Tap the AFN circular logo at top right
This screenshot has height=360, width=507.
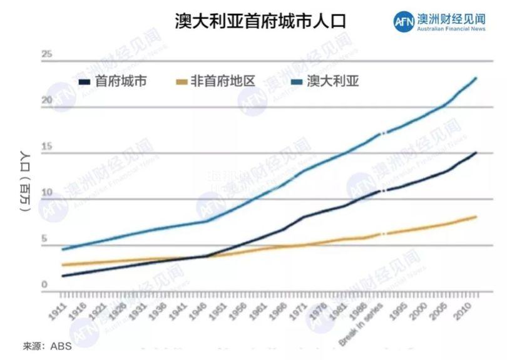[404, 21]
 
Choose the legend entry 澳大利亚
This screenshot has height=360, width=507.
[332, 81]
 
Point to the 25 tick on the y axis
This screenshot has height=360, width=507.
[46, 54]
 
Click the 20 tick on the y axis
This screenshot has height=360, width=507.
[46, 101]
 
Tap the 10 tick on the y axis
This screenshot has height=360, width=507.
[46, 193]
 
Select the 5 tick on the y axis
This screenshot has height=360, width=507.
[44, 239]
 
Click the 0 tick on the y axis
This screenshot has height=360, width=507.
[44, 285]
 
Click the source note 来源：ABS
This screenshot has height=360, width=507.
[47, 345]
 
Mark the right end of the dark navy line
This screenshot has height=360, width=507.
[476, 152]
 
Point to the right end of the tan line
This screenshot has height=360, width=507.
[476, 217]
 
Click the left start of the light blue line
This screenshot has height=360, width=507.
[62, 249]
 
